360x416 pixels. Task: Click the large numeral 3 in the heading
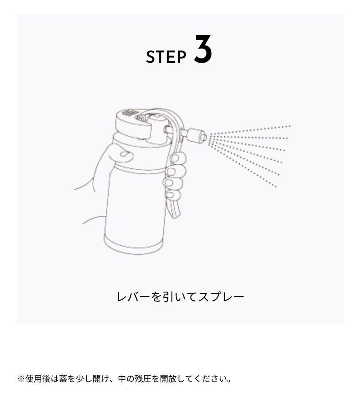click(x=203, y=49)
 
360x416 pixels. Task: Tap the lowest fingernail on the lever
click(x=174, y=196)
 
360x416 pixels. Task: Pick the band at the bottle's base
click(x=133, y=245)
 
